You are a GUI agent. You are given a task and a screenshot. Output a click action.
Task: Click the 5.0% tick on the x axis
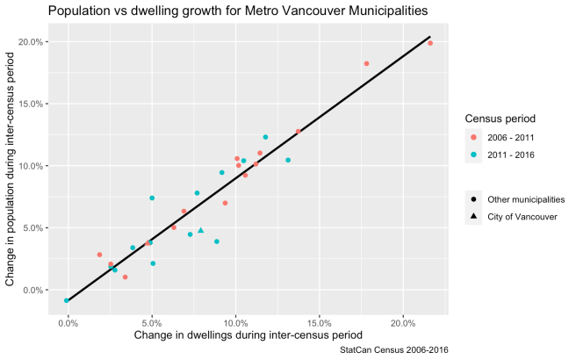(152, 322)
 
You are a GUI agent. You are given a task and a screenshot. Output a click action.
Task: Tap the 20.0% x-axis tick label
(403, 322)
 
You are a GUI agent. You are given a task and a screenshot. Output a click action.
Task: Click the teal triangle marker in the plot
(200, 230)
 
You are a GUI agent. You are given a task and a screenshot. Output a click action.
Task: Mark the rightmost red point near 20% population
(430, 43)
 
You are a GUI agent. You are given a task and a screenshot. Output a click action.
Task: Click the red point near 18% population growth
(366, 63)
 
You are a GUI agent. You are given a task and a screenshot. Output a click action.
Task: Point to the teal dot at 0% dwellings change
(67, 300)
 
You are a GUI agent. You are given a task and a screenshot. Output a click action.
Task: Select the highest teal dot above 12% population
(265, 137)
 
